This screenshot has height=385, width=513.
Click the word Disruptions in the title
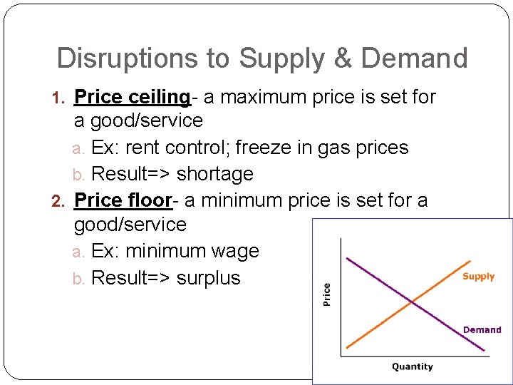tap(117, 58)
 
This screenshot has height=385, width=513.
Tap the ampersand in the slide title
tap(343, 58)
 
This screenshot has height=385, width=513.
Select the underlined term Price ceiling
tap(132, 96)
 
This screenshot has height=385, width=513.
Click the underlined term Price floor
tap(123, 200)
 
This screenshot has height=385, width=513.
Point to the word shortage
tap(214, 174)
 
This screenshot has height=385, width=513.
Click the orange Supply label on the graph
tap(478, 277)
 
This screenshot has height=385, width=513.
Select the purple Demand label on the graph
tap(482, 329)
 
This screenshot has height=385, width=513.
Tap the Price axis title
tap(327, 294)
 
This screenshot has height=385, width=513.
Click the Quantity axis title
tap(412, 366)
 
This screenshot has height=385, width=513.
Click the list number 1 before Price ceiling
tap(61, 97)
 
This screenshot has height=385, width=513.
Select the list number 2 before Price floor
tap(61, 201)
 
